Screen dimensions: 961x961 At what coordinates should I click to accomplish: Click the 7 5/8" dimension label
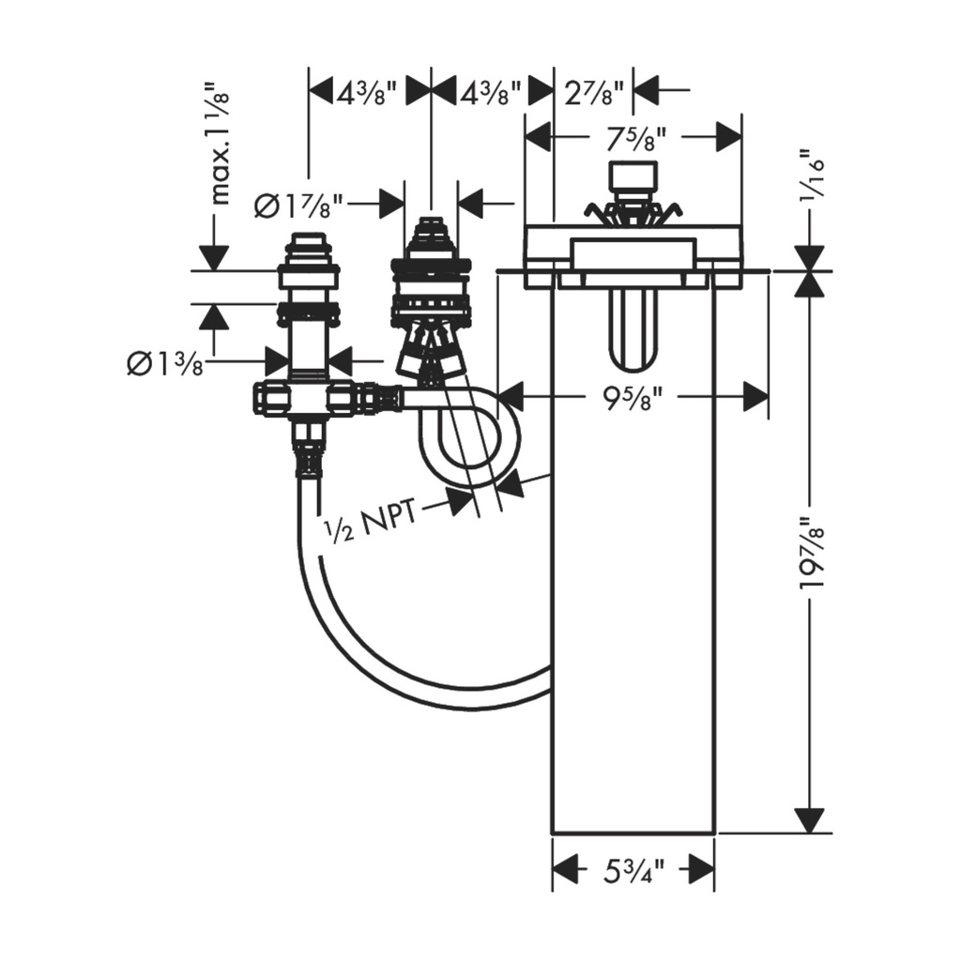click(635, 139)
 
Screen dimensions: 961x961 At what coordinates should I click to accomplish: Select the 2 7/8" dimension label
click(593, 93)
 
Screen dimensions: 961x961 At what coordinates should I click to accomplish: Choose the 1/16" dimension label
click(813, 174)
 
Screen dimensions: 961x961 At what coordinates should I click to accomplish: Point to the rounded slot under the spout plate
click(633, 328)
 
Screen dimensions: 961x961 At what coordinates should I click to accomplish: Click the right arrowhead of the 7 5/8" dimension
click(729, 136)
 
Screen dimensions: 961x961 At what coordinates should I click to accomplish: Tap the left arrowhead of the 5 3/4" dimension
click(566, 870)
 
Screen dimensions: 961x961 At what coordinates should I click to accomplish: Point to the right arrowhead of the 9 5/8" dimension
click(755, 396)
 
